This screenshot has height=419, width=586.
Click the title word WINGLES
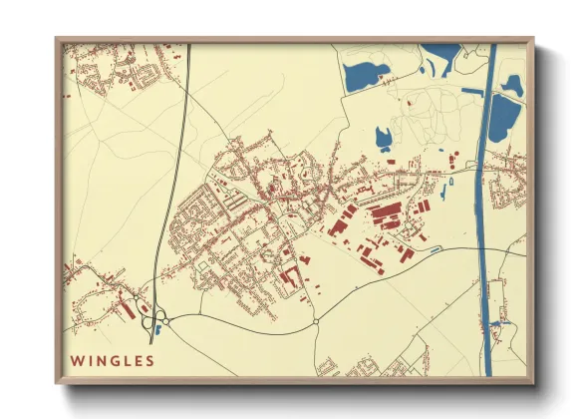tap(112, 359)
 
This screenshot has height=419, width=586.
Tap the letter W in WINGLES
tap(76, 359)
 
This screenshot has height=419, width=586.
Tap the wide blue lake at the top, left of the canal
tap(365, 75)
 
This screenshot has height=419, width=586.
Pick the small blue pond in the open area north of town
tap(383, 138)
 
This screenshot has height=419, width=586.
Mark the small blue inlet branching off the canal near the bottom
tap(498, 322)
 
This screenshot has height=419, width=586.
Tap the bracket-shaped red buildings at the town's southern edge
tap(290, 273)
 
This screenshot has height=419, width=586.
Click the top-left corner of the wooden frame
tap(58, 41)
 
